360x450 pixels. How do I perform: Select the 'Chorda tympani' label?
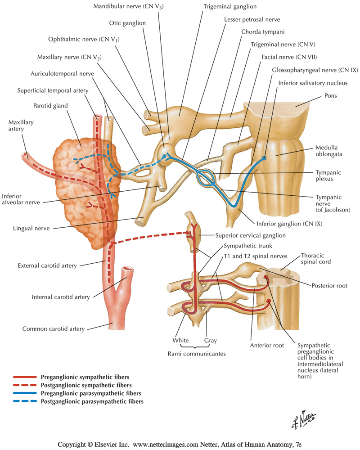259,32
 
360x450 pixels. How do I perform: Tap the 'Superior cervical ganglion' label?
250,235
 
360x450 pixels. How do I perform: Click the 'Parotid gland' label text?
51,106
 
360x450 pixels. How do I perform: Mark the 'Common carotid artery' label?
54,329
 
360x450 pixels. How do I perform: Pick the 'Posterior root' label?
331,285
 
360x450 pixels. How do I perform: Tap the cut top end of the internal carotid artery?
129,271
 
